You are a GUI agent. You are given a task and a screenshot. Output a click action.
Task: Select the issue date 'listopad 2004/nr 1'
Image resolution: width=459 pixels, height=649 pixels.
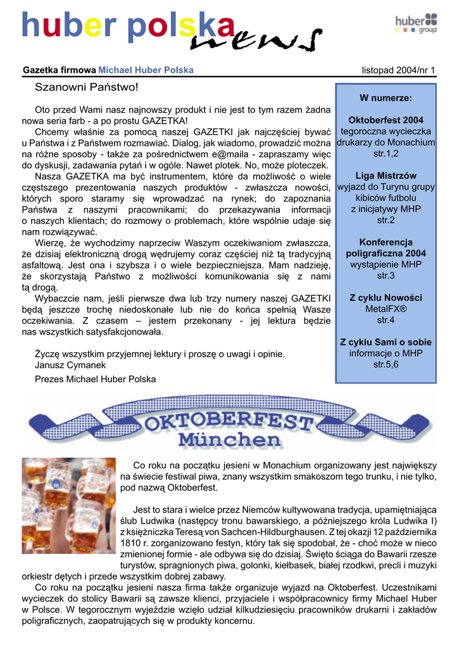398,70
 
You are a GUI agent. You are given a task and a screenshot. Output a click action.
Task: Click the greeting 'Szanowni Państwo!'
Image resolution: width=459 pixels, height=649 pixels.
86,86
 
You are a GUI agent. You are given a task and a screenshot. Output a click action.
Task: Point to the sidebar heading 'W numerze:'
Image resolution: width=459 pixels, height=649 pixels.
386,98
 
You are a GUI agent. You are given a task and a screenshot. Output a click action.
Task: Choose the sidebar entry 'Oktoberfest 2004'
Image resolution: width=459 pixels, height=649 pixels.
386,120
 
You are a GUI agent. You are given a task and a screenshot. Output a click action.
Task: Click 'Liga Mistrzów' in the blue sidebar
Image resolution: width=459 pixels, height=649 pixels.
386,176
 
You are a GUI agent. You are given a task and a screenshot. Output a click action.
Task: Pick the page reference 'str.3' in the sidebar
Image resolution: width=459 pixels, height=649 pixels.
386,276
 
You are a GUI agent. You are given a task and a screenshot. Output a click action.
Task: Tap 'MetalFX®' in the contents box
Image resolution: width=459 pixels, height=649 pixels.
386,309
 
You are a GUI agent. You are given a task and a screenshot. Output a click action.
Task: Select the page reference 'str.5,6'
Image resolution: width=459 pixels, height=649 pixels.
386,364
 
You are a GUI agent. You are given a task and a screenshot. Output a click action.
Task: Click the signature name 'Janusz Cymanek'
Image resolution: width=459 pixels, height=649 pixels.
70,365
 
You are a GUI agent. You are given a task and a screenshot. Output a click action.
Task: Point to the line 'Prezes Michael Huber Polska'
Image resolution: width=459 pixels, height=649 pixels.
95,379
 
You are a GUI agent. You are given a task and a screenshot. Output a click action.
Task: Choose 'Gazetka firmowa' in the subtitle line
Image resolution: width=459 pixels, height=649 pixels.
59,70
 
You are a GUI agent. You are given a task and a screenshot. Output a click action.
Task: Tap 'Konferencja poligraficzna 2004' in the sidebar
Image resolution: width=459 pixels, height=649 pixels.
386,248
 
